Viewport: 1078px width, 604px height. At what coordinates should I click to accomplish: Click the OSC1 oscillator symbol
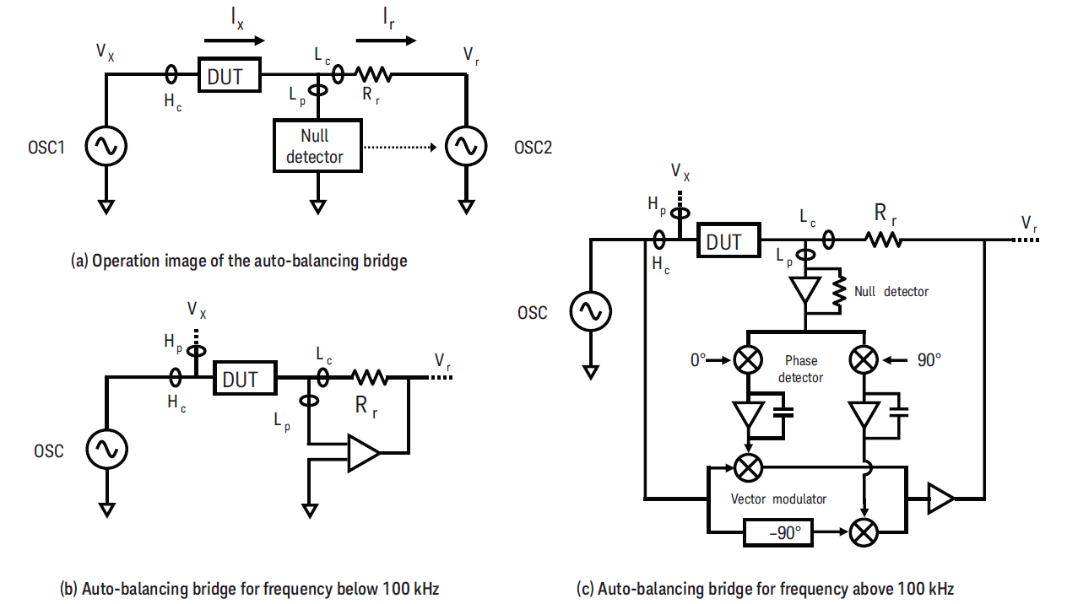(x=107, y=147)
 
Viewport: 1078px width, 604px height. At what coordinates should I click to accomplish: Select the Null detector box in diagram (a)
(x=317, y=146)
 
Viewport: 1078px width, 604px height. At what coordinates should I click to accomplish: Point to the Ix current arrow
(x=234, y=39)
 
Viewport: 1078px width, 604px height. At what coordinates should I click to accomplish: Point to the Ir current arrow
(x=386, y=39)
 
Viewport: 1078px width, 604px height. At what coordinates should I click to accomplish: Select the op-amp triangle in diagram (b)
(x=363, y=454)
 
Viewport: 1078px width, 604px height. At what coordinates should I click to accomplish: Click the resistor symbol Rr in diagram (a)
(x=371, y=75)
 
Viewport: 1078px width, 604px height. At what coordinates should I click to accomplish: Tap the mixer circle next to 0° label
(x=747, y=360)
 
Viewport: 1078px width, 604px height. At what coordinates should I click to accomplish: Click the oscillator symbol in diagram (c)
(x=588, y=312)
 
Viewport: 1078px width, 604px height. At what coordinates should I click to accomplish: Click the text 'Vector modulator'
(x=778, y=499)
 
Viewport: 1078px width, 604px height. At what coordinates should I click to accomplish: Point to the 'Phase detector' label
(x=800, y=369)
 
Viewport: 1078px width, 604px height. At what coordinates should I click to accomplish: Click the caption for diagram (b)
(x=260, y=589)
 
